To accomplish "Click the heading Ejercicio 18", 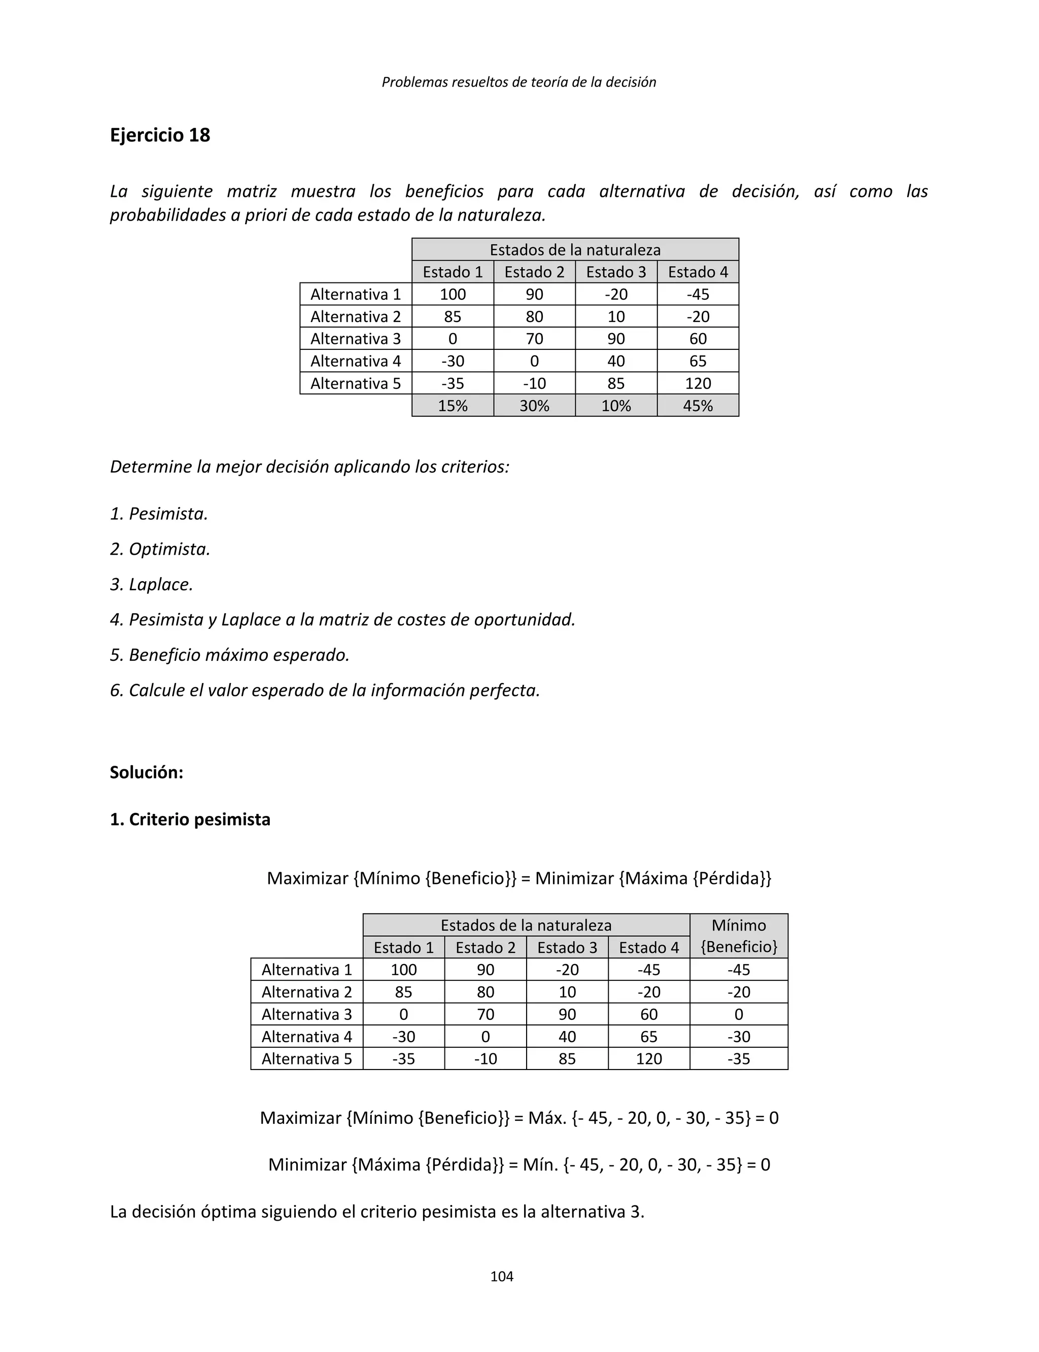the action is [x=160, y=135].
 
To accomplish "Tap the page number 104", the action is [x=502, y=1276].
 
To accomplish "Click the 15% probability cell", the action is [x=452, y=406].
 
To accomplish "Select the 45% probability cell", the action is [x=698, y=406].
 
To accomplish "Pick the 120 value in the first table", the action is [x=698, y=383].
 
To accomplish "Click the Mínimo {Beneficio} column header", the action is [x=739, y=935].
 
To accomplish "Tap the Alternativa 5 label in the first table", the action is [x=356, y=383].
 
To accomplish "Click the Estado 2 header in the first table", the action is [x=534, y=272].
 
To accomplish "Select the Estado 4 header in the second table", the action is [x=649, y=947].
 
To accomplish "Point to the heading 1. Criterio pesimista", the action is [x=190, y=819].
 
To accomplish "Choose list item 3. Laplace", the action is [x=152, y=584].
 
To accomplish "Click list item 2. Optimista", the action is [x=160, y=549].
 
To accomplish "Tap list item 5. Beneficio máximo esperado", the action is [x=229, y=655].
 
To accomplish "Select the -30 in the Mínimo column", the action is [x=739, y=1036].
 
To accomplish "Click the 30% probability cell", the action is [x=534, y=406].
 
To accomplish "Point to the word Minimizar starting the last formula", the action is [x=307, y=1165].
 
